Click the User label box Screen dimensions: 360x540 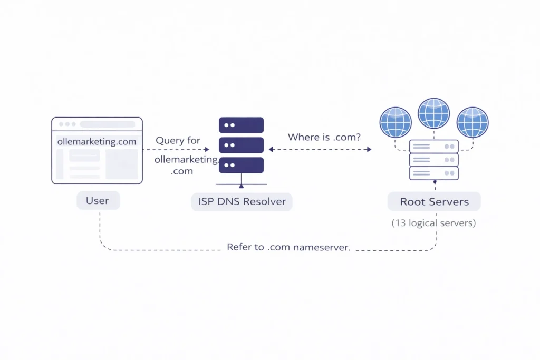tap(98, 201)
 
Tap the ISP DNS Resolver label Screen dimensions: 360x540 tap(242, 201)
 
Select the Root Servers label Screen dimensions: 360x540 tap(434, 202)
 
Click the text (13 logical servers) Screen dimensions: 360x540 tap(433, 223)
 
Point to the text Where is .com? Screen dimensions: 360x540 tap(324, 138)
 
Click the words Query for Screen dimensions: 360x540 tap(178, 141)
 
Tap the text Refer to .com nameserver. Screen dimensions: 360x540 tap(288, 247)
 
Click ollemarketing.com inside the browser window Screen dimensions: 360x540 tap(97, 141)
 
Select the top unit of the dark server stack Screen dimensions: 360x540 tap(241, 125)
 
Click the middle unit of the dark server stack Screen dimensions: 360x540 tap(241, 145)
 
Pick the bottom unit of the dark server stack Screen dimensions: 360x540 tap(241, 165)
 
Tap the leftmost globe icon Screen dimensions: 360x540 tap(396, 122)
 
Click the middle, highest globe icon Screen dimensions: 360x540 tap(433, 113)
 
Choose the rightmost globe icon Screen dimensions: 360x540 tap(472, 122)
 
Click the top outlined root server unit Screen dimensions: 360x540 tap(434, 146)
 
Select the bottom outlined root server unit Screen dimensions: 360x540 tap(434, 173)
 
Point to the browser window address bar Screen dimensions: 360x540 tap(107, 124)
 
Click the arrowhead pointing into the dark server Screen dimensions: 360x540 tap(208, 150)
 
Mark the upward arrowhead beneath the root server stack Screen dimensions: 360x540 tap(435, 182)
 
